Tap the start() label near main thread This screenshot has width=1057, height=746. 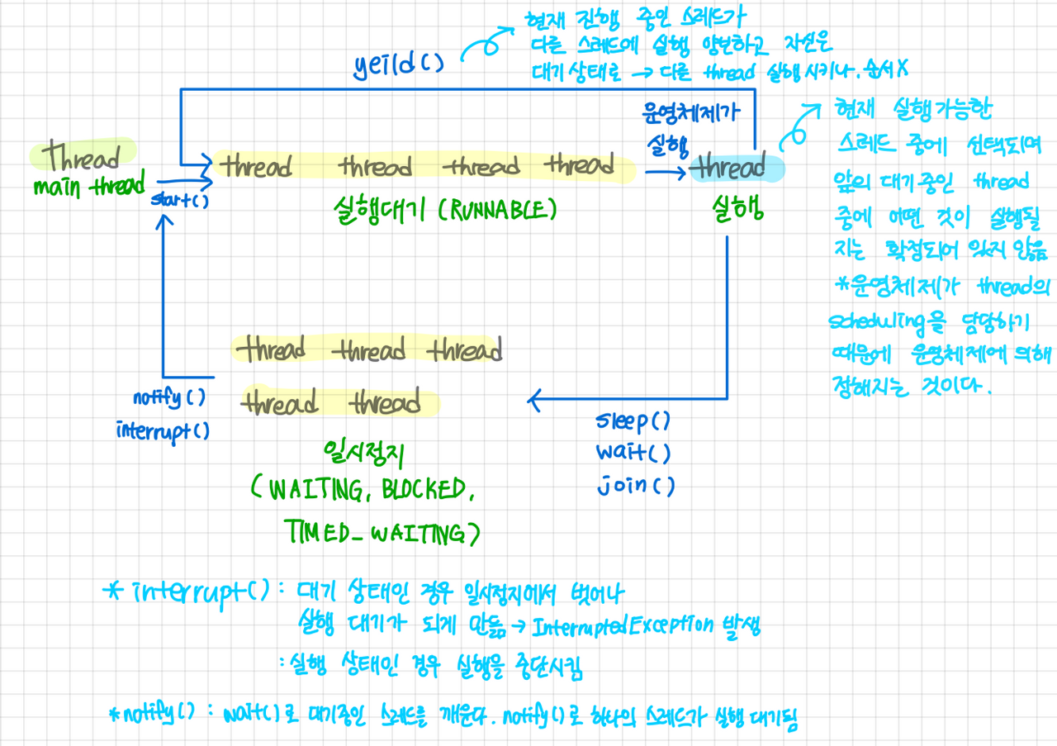point(178,199)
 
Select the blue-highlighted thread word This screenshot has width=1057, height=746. point(729,169)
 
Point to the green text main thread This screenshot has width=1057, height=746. point(89,186)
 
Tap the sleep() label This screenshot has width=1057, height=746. point(633,421)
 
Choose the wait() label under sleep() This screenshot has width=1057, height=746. point(633,454)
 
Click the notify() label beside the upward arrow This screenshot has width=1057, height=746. point(168,398)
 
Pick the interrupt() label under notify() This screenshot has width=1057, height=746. point(162,430)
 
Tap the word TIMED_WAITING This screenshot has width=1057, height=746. point(381,535)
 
